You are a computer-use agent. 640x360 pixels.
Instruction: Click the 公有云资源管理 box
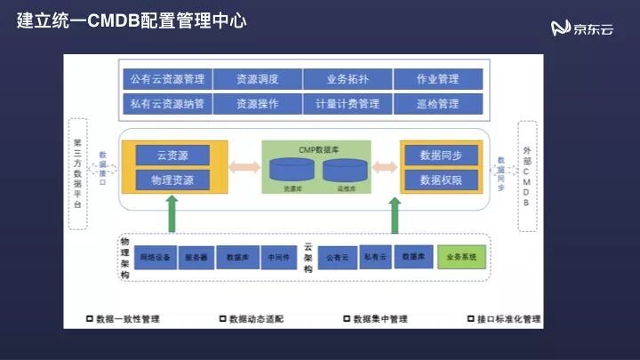166,79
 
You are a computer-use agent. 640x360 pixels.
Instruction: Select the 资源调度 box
257,79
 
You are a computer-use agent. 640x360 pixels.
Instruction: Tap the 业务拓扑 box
347,79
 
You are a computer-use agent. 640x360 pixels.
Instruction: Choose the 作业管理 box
436,79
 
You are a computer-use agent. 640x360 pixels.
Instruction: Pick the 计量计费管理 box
347,103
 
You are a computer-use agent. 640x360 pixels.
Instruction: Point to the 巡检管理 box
436,103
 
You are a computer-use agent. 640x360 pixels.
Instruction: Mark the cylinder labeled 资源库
292,170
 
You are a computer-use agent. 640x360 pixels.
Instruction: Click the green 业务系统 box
463,257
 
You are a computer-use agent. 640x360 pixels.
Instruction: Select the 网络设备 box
156,257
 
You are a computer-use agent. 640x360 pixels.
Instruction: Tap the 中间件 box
277,257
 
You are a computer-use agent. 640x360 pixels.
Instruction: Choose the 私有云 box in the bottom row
375,257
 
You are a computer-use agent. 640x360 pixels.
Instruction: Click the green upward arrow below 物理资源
172,214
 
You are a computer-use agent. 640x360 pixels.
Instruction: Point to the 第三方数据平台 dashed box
78,173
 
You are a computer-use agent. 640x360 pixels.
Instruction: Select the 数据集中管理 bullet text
378,318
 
